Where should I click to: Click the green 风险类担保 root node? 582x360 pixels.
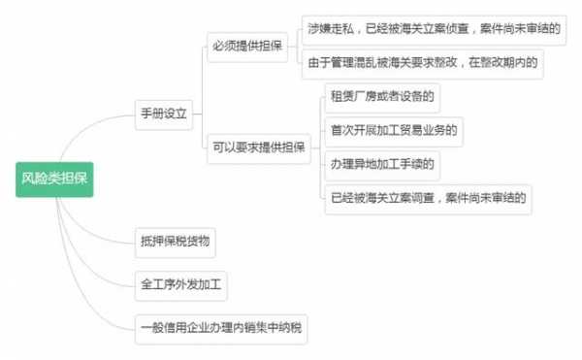pyautogui.click(x=55, y=179)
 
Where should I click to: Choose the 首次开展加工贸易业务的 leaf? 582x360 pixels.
pyautogui.click(x=394, y=130)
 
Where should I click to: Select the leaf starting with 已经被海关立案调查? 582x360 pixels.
pyautogui.click(x=428, y=198)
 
